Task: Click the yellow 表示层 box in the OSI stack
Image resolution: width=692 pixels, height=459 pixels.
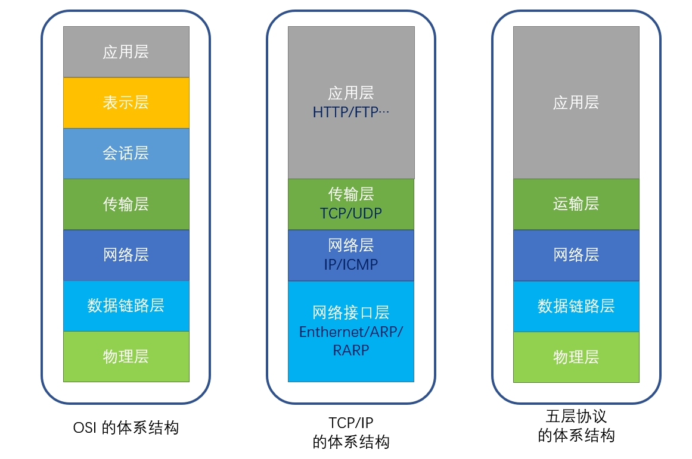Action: click(126, 102)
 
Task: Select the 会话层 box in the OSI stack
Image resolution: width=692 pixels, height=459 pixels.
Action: click(126, 154)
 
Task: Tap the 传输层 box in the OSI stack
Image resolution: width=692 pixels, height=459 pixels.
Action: click(126, 204)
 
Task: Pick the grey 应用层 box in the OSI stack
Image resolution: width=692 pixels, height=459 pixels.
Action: click(126, 52)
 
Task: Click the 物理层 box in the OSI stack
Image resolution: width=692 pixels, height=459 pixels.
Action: click(126, 357)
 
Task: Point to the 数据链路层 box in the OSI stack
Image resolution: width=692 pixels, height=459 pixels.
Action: click(126, 306)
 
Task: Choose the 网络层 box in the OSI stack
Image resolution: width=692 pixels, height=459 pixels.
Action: click(126, 255)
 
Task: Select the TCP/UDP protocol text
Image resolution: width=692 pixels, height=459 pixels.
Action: click(350, 214)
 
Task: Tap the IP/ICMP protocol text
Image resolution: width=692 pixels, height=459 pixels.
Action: click(350, 264)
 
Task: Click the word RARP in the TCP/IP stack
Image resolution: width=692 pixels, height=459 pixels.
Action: click(350, 351)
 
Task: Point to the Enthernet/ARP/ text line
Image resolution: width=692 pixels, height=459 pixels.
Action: click(350, 332)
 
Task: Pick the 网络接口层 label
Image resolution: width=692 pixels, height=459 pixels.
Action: click(350, 313)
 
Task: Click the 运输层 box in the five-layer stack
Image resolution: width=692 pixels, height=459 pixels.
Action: click(576, 204)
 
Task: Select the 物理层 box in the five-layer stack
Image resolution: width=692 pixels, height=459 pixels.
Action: click(576, 357)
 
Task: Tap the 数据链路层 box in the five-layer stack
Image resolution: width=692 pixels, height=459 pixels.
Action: click(576, 306)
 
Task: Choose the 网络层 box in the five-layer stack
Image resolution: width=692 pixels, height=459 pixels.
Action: click(576, 255)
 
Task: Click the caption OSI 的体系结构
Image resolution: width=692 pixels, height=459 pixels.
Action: click(126, 427)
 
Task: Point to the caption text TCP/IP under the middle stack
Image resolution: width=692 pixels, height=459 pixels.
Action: click(350, 423)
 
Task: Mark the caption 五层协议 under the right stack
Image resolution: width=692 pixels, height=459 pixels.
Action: click(576, 416)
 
